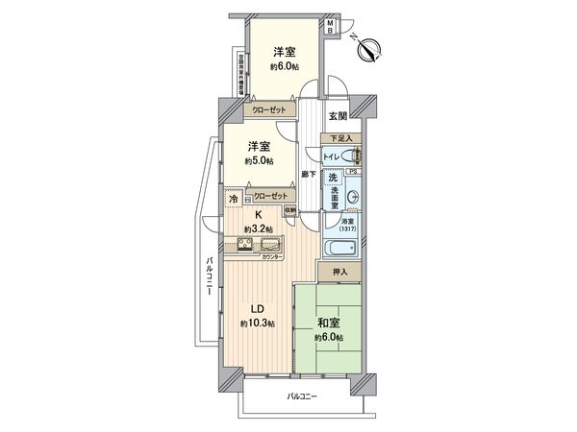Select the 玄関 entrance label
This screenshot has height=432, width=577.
point(338,116)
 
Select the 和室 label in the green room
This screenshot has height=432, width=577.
point(326,323)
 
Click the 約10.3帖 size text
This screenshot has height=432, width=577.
point(258,324)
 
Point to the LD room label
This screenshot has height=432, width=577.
point(258,309)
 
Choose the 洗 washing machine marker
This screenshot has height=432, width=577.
point(333,179)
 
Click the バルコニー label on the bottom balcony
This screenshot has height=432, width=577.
point(301,396)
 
